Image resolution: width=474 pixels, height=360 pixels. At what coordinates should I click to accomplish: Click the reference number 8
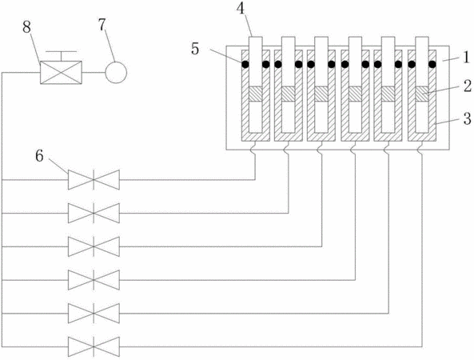tap(26, 27)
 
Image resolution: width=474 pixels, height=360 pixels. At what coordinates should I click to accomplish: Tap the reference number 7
tap(102, 25)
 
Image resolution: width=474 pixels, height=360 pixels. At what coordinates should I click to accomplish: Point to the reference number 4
tap(241, 9)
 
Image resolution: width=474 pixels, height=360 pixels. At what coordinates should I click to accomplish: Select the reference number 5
tap(195, 49)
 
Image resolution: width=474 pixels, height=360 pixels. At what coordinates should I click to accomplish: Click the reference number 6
tap(40, 157)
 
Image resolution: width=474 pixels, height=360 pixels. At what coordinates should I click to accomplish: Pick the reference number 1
tap(467, 57)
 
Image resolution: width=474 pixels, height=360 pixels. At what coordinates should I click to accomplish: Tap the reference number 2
tap(467, 86)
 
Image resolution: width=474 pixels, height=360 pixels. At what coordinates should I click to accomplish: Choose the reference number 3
tap(467, 119)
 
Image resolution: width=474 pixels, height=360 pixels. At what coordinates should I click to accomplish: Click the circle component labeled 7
tap(116, 73)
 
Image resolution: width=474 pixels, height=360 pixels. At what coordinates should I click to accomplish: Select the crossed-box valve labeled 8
tap(61, 73)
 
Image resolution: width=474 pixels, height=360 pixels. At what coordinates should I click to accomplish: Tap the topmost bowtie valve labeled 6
tap(94, 180)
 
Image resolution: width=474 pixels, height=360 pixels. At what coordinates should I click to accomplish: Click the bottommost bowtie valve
tap(94, 346)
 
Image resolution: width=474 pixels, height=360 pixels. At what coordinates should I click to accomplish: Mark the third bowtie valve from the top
tap(94, 246)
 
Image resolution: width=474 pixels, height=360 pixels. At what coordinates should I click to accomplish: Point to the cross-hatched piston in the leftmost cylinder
tap(255, 94)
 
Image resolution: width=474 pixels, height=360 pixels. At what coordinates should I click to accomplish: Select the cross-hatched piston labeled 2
tap(422, 94)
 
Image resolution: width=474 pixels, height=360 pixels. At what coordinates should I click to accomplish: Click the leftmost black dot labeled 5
tap(245, 64)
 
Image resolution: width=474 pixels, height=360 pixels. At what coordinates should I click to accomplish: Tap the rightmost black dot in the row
tap(432, 64)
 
